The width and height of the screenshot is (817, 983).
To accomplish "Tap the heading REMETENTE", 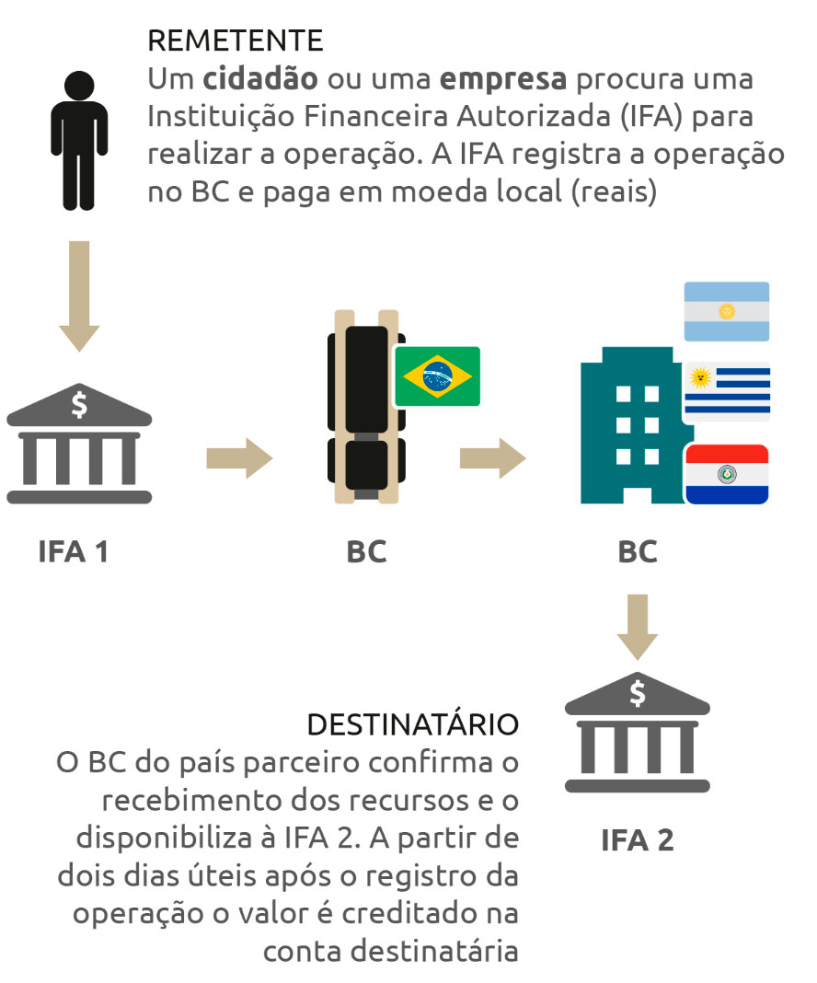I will (235, 40).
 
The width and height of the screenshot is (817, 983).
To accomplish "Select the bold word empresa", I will (502, 79).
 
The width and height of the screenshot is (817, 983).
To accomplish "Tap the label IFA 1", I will (74, 552).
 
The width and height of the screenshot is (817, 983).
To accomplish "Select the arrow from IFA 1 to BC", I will (239, 457).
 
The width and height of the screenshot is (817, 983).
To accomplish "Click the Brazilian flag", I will (437, 376).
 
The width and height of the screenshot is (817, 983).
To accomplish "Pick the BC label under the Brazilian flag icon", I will (366, 552).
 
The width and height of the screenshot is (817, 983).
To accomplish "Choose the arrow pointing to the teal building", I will (492, 457).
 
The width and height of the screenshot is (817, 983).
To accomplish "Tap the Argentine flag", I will (726, 311).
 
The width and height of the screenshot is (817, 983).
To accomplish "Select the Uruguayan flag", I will (727, 391).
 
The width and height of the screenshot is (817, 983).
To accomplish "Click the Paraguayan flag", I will (727, 474).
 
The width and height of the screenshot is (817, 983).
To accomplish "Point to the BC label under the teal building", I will (638, 552).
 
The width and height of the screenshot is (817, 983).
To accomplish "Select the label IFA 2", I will (638, 840).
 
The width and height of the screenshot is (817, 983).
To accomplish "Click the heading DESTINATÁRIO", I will (412, 724).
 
